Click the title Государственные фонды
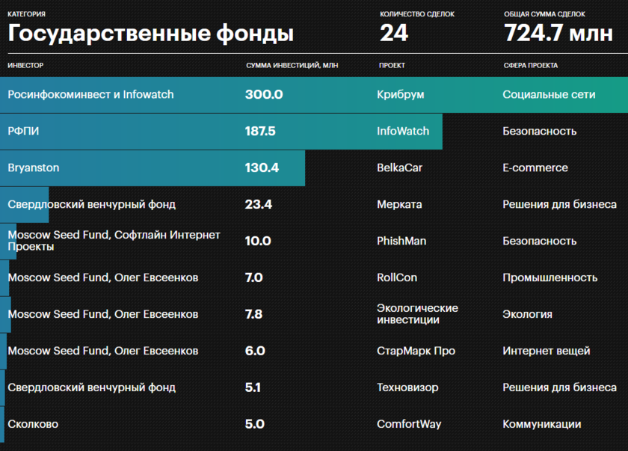coord(150,34)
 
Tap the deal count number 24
coord(394,34)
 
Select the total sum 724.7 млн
coord(558,34)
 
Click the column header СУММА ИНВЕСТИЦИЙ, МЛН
coord(292,66)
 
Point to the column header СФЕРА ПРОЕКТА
coord(530,66)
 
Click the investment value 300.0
coord(264,95)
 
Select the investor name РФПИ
coord(23,132)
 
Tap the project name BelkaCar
coord(399,168)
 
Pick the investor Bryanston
coord(34,168)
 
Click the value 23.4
coord(259,204)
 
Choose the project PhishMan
coord(401,241)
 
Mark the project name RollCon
coord(397,277)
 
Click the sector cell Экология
coord(527,314)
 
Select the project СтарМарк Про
coord(416,351)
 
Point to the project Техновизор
coord(407,387)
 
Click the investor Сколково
coord(33,424)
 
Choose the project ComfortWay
coord(409,424)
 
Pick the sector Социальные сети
coord(549,95)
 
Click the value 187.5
coord(260,132)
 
